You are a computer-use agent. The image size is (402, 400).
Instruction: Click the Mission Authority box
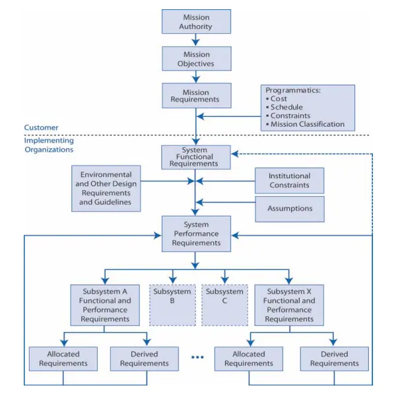[196, 21]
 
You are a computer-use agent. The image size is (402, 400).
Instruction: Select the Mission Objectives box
[196, 58]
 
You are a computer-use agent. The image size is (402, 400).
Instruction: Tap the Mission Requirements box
[196, 96]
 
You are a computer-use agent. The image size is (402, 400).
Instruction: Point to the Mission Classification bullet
[308, 123]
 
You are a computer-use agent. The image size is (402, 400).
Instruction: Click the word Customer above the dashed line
[41, 127]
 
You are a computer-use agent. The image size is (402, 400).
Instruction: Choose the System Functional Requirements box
[196, 158]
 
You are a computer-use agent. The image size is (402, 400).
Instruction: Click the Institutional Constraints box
[289, 180]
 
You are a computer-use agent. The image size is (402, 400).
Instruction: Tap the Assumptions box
[289, 209]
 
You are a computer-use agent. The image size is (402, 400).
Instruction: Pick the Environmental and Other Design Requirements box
[106, 188]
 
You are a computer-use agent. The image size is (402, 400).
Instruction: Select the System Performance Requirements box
[196, 234]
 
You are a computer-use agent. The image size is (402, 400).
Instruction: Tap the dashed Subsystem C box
[224, 304]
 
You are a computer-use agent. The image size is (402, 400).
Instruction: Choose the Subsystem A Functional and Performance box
[106, 304]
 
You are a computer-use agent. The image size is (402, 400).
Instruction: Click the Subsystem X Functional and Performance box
[289, 304]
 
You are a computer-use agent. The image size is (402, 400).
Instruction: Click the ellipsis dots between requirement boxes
[197, 358]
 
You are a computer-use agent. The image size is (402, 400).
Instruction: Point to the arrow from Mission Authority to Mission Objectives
[196, 40]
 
